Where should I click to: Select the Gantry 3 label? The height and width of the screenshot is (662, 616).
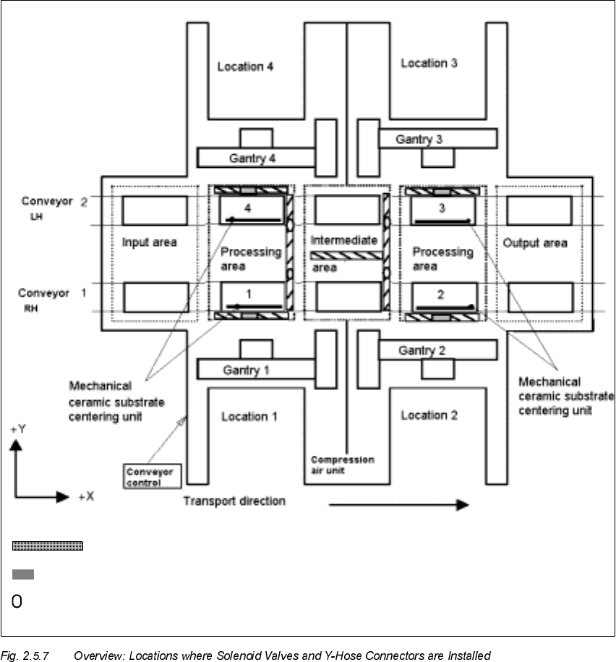[x=419, y=139]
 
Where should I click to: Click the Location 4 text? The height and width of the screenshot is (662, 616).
[x=246, y=67]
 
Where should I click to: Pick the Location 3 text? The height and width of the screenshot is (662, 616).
[x=429, y=63]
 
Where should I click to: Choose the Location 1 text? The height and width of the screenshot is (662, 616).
[x=249, y=416]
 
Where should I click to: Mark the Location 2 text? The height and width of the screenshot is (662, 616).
[x=429, y=415]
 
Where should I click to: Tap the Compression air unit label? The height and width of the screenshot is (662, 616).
[x=343, y=464]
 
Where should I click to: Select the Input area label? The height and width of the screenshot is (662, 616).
[x=150, y=242]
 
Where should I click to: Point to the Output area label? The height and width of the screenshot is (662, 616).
[x=536, y=242]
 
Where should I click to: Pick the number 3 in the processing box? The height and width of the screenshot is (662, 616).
[x=441, y=208]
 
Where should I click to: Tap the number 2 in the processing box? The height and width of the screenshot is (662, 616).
[x=442, y=294]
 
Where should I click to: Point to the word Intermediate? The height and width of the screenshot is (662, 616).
[x=344, y=239]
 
